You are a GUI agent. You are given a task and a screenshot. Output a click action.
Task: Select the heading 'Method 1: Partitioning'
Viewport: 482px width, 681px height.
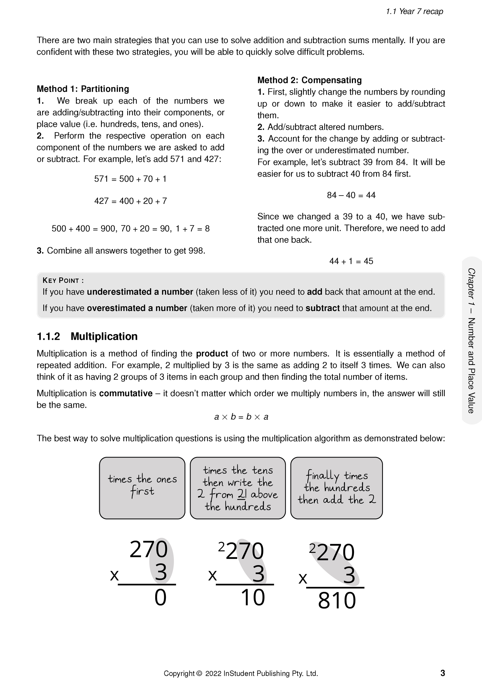[83, 89]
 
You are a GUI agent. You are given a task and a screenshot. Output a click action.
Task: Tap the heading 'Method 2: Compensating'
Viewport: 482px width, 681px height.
[309, 80]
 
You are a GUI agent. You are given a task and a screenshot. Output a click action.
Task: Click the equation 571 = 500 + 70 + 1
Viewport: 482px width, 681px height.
[130, 179]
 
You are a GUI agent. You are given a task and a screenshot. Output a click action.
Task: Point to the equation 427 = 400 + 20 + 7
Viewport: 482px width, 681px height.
[130, 201]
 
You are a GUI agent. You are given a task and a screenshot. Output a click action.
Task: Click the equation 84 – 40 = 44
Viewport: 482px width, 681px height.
[351, 195]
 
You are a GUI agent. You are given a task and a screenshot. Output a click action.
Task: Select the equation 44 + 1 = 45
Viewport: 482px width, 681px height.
[351, 261]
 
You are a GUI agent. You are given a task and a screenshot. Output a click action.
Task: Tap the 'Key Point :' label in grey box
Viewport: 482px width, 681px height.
[63, 280]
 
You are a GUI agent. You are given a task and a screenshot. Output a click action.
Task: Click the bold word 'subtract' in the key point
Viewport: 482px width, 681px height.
[322, 308]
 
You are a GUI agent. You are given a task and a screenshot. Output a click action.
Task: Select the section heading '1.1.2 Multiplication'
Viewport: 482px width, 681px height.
[87, 336]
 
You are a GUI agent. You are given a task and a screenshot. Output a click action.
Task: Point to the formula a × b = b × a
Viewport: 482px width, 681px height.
[241, 417]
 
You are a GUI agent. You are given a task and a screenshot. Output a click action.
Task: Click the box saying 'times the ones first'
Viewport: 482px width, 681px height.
[142, 488]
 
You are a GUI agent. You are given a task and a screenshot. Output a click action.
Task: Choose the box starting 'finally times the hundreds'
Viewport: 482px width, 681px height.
[336, 488]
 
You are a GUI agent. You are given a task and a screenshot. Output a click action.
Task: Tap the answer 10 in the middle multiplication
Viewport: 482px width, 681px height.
[253, 598]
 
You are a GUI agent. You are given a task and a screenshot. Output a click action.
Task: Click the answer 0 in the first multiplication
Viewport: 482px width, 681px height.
[160, 598]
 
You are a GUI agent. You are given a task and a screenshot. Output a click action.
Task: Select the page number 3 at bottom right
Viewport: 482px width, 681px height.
[442, 673]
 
